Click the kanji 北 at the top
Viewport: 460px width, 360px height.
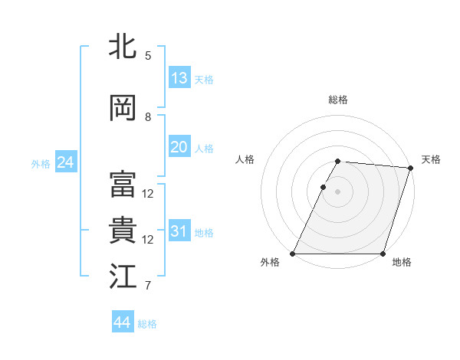point(123,46)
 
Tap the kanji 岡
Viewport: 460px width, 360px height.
point(123,108)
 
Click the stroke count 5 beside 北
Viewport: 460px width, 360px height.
point(148,56)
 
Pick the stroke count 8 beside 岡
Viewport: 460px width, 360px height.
point(148,117)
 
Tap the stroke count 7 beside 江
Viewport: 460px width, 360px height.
point(148,286)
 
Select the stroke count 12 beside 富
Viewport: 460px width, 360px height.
point(148,193)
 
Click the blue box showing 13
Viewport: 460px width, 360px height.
point(179,78)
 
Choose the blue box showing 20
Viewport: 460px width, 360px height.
point(179,147)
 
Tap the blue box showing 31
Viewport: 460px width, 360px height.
point(179,231)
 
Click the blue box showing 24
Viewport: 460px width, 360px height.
point(65,162)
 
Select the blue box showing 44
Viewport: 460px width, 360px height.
point(122,322)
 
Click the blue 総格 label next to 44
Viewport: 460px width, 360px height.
point(147,324)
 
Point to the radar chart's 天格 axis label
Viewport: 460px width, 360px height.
point(431,159)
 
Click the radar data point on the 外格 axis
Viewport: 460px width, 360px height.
point(293,254)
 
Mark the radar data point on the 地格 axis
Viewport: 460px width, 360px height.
point(383,254)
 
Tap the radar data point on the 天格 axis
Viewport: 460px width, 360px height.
point(411,168)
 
